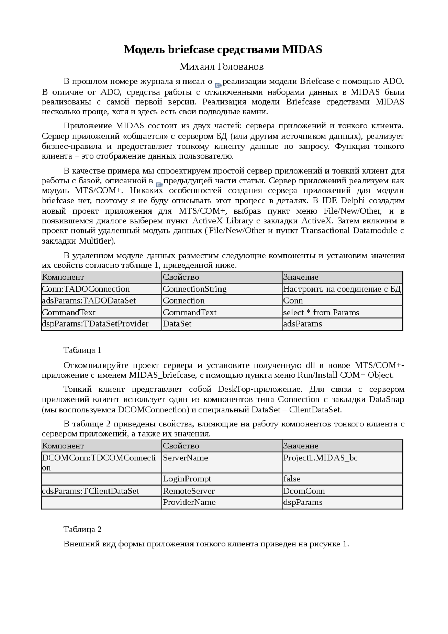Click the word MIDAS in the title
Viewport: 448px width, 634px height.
coord(302,50)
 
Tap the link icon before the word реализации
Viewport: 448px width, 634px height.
coord(218,85)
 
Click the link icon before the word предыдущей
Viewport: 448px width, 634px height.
coord(159,184)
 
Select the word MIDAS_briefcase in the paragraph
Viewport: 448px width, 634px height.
coord(162,375)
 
